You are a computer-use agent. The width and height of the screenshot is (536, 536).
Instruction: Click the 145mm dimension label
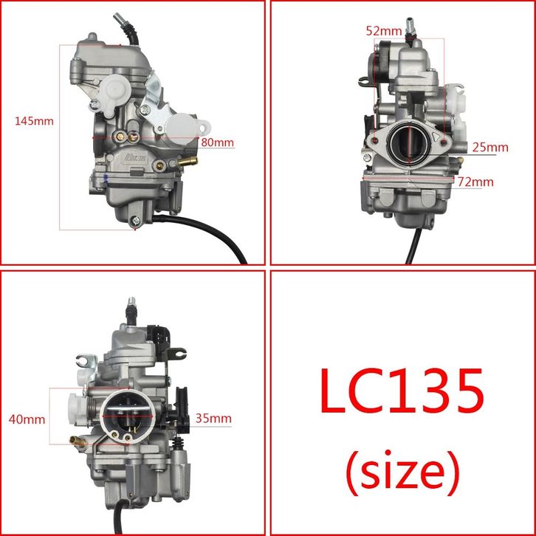coord(34,121)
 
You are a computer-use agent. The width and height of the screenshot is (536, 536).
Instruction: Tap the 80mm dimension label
coord(217,142)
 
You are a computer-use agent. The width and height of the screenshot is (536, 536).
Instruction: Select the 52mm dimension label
coord(384,31)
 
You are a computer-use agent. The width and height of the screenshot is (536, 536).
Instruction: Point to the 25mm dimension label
coord(490,148)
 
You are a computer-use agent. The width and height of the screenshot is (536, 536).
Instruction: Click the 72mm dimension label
coord(475,182)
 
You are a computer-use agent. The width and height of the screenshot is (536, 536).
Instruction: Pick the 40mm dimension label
coord(27,419)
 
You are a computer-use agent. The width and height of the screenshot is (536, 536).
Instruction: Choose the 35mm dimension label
coord(213,419)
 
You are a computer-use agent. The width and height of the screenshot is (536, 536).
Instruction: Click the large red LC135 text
coord(402,390)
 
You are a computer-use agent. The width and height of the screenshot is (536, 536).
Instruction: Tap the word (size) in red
coord(402,473)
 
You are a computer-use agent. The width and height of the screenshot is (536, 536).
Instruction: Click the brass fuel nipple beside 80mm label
coord(188,162)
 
